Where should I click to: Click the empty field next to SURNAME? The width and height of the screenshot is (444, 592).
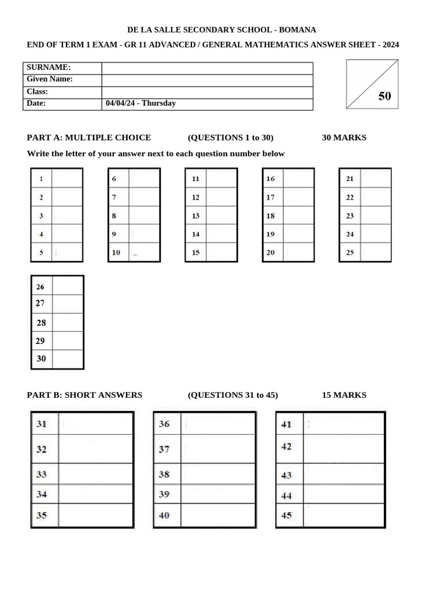tap(207, 68)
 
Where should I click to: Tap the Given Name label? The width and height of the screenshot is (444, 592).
tap(50, 79)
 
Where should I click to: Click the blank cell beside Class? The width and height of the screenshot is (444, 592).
tap(207, 91)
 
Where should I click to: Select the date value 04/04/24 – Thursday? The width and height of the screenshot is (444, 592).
tap(141, 103)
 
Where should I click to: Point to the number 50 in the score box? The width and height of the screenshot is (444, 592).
tap(384, 97)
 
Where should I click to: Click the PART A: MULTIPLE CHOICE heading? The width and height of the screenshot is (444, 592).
tap(89, 138)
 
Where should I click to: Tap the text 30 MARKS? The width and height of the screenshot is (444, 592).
tap(344, 138)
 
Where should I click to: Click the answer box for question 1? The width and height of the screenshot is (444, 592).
tap(67, 179)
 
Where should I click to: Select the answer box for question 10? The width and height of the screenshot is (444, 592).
tap(145, 253)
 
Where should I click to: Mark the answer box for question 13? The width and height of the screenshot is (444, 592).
tap(221, 216)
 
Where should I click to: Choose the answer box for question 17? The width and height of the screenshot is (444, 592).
tap(298, 197)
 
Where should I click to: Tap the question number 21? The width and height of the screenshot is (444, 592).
tap(350, 179)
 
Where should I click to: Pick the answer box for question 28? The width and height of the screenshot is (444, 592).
tap(68, 323)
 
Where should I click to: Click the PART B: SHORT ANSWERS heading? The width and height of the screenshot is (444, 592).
tap(84, 395)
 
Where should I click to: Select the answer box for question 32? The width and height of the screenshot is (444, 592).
tap(95, 449)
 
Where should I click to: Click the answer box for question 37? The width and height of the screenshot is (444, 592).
tap(218, 449)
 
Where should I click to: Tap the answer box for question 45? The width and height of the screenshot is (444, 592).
tap(343, 516)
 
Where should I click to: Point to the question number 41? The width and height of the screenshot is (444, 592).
tap(286, 424)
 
